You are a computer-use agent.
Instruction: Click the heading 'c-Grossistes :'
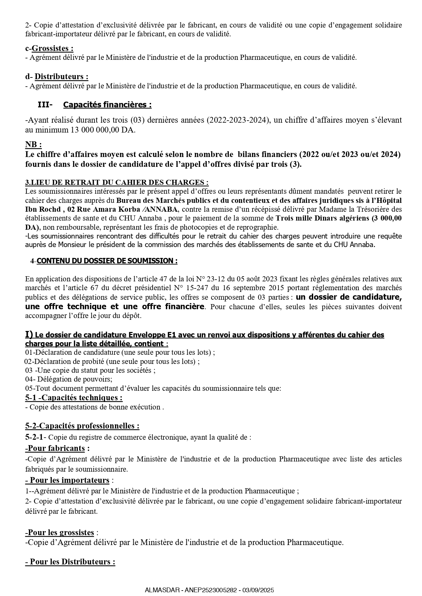pos(49,49)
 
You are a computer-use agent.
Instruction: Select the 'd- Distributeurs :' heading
pos(57,77)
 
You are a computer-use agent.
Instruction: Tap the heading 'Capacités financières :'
pos(107,105)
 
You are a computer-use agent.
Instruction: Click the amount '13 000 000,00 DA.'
pos(103,130)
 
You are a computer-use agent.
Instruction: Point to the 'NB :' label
pos(33,145)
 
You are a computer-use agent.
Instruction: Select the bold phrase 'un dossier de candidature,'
pos(349,297)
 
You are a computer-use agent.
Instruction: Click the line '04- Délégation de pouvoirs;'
pos(69,379)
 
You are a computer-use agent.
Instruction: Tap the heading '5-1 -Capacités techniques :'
pos(74,398)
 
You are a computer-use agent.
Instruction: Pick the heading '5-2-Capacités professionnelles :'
pos(82,426)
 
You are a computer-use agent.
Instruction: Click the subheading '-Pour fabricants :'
pos(57,449)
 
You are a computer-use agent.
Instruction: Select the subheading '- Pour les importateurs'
pos(67,480)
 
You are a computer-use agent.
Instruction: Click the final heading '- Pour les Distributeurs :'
pos(70,562)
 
